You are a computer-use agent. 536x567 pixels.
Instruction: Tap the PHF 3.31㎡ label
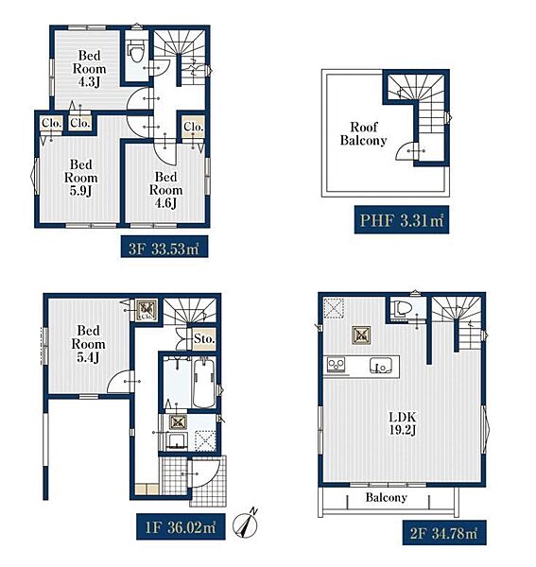point(402,219)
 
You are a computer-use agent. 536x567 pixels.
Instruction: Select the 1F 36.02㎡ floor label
point(181,526)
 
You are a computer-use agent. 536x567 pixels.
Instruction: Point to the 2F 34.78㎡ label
point(443,533)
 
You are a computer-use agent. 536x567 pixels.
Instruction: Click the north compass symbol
point(246,523)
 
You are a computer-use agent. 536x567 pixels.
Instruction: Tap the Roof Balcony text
point(364,133)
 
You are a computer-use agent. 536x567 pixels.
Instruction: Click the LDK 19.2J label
point(403,423)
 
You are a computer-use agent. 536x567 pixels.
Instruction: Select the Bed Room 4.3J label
point(89,69)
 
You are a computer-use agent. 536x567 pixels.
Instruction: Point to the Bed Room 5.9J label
point(81,178)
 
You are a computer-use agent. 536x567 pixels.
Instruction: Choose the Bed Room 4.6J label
point(166,190)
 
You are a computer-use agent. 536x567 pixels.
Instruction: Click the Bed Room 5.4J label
point(88,344)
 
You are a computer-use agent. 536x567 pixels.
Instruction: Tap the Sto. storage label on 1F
point(204,339)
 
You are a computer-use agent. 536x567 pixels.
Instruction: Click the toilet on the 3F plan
point(136,51)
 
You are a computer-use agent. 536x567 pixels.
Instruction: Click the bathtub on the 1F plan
point(204,383)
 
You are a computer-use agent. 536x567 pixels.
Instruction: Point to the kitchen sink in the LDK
point(380,366)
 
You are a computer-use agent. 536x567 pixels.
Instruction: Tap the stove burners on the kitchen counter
point(336,365)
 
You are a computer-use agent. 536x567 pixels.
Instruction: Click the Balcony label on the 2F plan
point(386,498)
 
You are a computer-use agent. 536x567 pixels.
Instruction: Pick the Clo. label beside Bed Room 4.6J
point(194,127)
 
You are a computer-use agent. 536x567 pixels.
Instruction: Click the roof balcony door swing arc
point(402,151)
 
